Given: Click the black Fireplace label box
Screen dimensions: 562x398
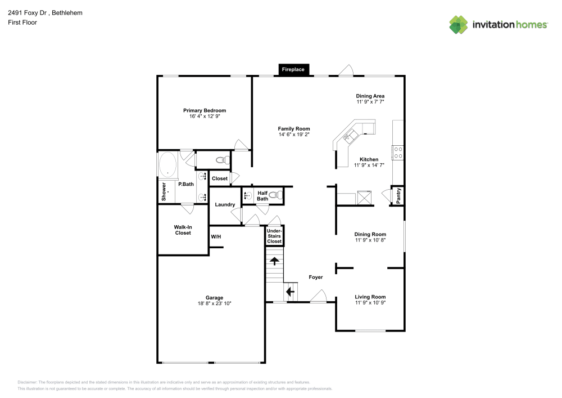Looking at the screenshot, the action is (293, 70).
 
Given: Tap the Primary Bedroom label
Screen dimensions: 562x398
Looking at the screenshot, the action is (205, 110).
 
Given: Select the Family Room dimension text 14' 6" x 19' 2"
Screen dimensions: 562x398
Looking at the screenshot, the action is (294, 135).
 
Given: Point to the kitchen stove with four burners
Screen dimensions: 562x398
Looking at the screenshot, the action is (398, 152).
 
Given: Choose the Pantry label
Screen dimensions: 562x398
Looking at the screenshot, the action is (398, 196).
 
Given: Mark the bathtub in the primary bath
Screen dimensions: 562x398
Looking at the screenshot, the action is (167, 165).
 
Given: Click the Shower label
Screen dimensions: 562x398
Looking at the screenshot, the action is (164, 191).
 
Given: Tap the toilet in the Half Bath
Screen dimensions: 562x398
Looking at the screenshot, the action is (276, 195).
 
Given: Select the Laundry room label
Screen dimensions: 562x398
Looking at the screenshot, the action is (225, 204).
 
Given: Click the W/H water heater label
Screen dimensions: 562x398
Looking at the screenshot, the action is (216, 237).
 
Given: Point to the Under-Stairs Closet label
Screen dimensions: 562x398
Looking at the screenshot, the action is (274, 236).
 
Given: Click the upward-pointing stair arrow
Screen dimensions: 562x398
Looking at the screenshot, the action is (275, 261).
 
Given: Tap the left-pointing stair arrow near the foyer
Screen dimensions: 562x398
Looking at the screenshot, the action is (291, 292).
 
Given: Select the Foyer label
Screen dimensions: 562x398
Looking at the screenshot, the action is (316, 277).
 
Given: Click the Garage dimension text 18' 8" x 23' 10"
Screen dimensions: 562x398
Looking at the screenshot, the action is (214, 303).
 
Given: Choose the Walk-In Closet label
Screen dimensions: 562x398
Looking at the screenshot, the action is (183, 230).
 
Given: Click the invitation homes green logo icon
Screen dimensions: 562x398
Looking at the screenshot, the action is (459, 25).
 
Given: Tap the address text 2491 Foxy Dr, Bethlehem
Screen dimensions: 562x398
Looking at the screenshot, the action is (45, 13).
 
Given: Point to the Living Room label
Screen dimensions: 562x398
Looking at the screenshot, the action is (370, 297).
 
